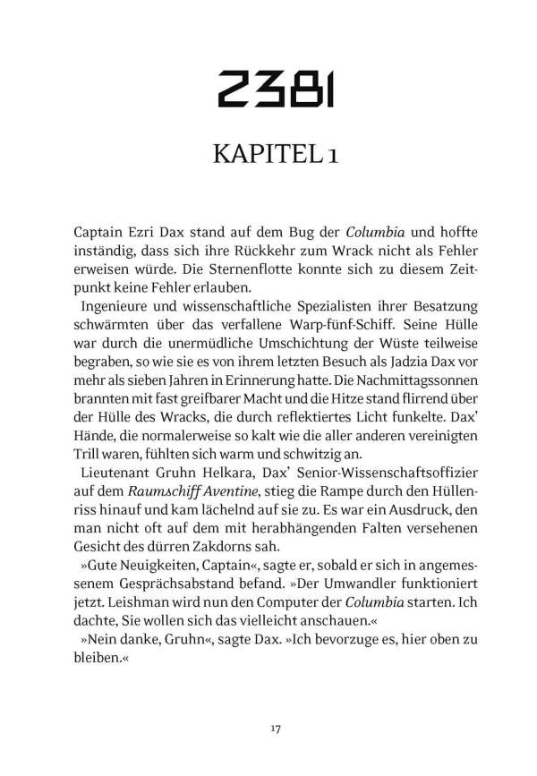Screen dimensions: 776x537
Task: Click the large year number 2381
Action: [x=268, y=88]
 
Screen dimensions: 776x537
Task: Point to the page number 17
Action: [x=268, y=704]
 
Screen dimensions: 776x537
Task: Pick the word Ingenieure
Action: [x=119, y=307]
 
